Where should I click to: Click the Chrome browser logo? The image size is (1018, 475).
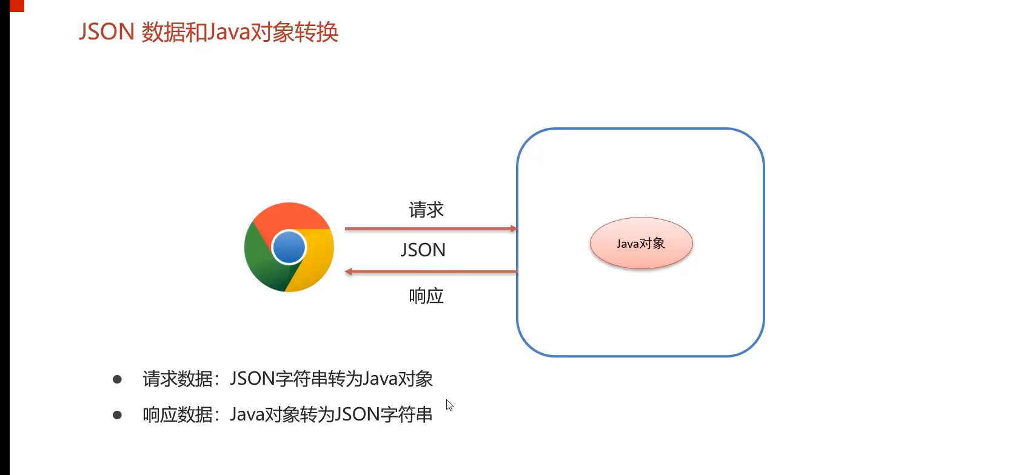point(289,247)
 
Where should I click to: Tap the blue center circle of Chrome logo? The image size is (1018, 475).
point(289,247)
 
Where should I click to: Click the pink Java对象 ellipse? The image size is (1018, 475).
point(641,244)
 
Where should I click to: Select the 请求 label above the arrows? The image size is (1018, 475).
point(426,210)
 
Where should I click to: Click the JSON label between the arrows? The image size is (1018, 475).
point(423,250)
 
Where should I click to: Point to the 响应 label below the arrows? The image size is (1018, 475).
point(426,296)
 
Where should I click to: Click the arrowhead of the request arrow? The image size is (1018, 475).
point(513,228)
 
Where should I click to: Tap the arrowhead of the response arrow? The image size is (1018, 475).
point(349,272)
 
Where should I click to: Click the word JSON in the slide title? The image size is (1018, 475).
point(106,32)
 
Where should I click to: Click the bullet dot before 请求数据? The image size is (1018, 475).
point(118,380)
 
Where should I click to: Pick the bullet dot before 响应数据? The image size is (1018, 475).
point(118,415)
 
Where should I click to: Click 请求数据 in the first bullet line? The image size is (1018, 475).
point(178,379)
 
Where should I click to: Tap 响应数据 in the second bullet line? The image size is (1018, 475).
point(178,415)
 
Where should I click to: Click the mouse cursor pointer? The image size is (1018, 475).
point(449,404)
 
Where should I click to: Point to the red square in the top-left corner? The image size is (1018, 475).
point(16,5)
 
